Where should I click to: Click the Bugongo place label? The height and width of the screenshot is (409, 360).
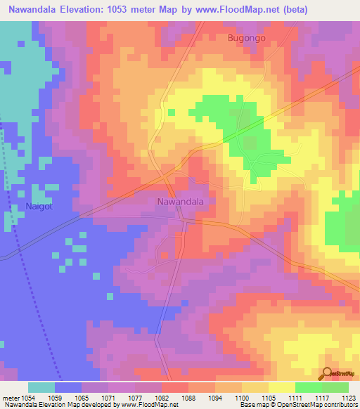(x=246, y=38)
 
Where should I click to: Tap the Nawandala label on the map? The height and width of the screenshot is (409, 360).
(x=179, y=202)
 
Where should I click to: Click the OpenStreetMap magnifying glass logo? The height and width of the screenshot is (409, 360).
(x=326, y=374)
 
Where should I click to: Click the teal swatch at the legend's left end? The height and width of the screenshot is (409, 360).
(x=41, y=387)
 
